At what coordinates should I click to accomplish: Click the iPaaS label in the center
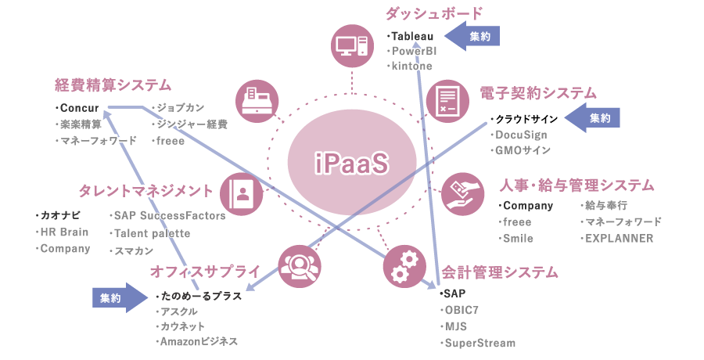pyautogui.click(x=351, y=163)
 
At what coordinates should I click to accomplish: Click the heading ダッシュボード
pyautogui.click(x=433, y=13)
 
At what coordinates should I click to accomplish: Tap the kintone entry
pyautogui.click(x=412, y=67)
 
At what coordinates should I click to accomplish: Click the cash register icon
pyautogui.click(x=257, y=99)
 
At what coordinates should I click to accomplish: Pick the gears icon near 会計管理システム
pyautogui.click(x=404, y=267)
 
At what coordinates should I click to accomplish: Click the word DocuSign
pyautogui.click(x=521, y=135)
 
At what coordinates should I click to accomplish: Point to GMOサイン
pyautogui.click(x=523, y=150)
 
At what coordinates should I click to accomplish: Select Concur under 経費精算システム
pyautogui.click(x=79, y=106)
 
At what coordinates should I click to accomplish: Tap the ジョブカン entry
pyautogui.click(x=181, y=106)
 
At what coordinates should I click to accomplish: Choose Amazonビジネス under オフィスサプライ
pyautogui.click(x=199, y=341)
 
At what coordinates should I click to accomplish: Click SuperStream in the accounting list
pyautogui.click(x=480, y=343)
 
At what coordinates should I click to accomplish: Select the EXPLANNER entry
pyautogui.click(x=619, y=239)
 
